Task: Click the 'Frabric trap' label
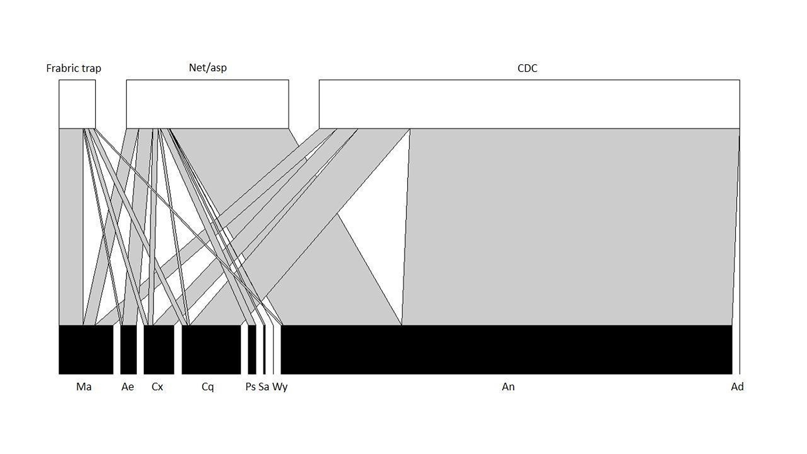73,68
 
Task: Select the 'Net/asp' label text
208,68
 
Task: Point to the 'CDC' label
527,68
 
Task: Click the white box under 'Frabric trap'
77,104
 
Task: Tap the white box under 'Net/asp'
207,104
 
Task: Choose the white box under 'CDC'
529,104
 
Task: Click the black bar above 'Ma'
86,349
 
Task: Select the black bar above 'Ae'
128,349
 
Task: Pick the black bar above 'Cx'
159,349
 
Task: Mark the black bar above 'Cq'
211,349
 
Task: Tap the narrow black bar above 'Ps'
252,349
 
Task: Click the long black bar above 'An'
506,349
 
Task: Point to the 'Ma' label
84,387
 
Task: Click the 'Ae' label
128,387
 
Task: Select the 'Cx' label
157,387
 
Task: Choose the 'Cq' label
208,387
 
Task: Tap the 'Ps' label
250,387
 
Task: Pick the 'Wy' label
280,387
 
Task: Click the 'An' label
508,387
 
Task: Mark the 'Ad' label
737,387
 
